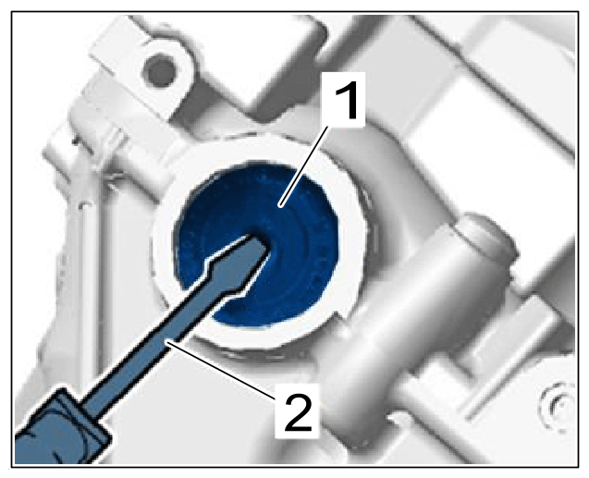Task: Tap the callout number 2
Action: (x=299, y=411)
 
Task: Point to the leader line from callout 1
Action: (x=304, y=166)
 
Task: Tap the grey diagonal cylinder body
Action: (x=406, y=319)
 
